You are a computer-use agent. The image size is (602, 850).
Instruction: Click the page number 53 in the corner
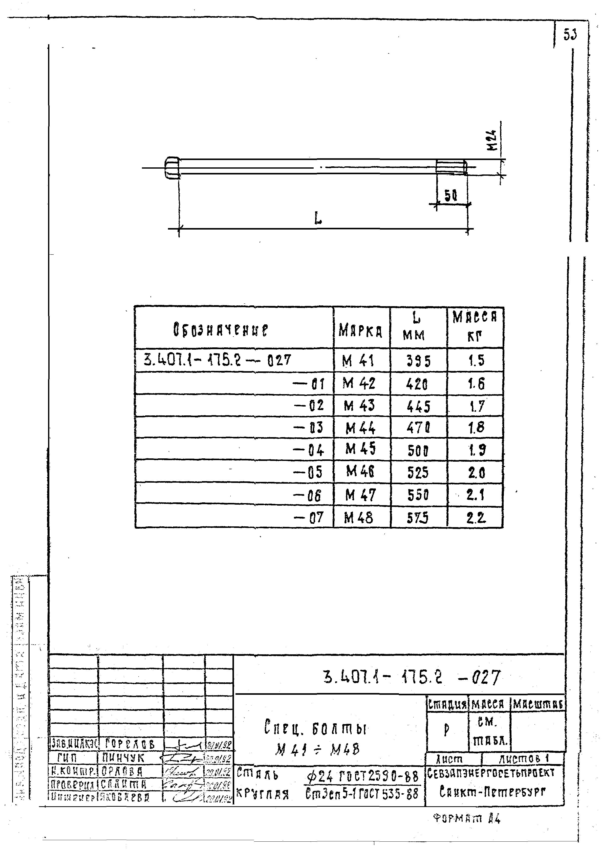pyautogui.click(x=570, y=35)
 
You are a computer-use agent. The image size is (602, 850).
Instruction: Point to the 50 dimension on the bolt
pyautogui.click(x=451, y=196)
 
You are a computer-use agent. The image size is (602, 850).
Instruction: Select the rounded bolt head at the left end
pyautogui.click(x=172, y=168)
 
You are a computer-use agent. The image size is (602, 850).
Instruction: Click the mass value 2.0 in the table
pyautogui.click(x=476, y=473)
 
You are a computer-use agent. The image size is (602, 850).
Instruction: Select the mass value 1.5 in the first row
pyautogui.click(x=476, y=361)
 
